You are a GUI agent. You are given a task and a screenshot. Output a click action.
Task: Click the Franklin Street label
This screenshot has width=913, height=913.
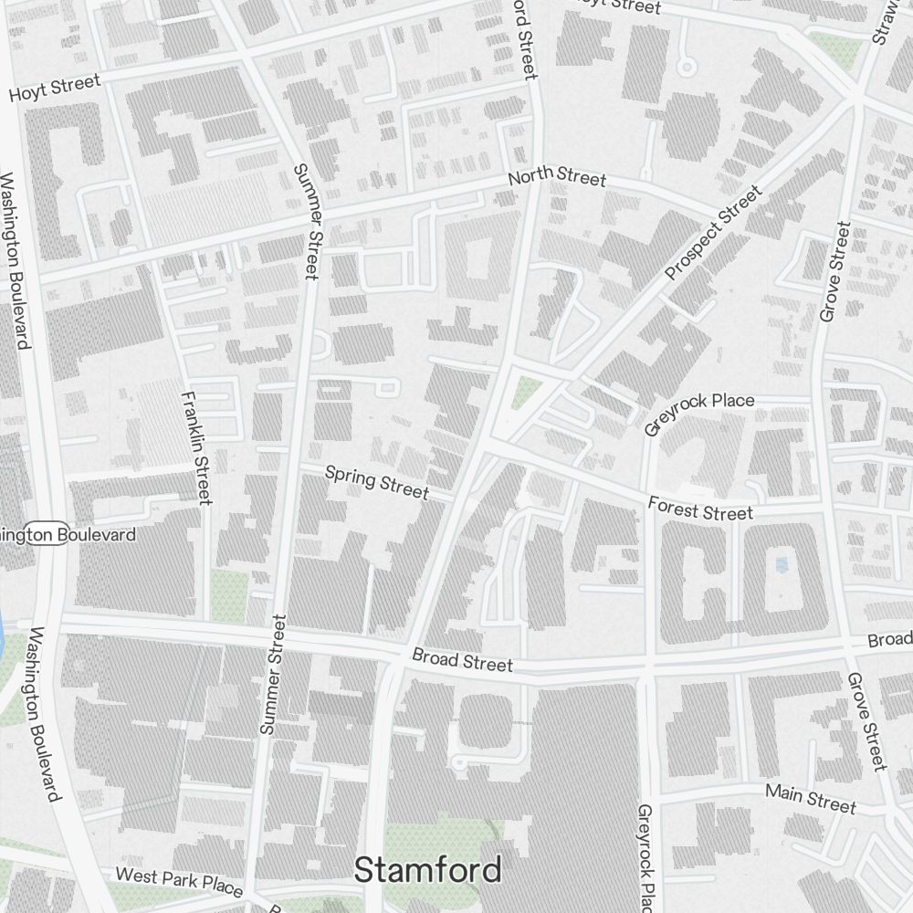[x=197, y=447]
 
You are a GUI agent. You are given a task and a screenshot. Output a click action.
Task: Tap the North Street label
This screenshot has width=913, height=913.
[x=557, y=176]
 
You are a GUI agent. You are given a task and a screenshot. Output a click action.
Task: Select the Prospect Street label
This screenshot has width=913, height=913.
[x=713, y=234]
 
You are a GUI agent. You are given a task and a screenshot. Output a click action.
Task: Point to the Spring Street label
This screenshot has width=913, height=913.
[x=376, y=481]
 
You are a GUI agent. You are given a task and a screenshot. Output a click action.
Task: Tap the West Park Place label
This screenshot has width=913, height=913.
[x=179, y=881]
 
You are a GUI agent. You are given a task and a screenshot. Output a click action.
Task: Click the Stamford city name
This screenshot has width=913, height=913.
[x=427, y=869]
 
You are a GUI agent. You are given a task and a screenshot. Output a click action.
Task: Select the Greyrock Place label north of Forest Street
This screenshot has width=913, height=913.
[x=699, y=414]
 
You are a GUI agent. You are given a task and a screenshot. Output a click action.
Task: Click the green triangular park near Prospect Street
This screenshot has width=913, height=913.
[x=525, y=394]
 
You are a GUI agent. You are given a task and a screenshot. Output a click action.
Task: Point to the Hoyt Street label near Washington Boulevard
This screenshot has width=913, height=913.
[x=55, y=89]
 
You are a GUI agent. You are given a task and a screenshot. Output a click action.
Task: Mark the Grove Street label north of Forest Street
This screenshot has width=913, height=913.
[x=835, y=271]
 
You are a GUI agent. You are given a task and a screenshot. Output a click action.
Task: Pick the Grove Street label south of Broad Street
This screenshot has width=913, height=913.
[x=867, y=721]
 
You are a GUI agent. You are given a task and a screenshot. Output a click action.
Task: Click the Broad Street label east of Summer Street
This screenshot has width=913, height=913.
[x=462, y=660]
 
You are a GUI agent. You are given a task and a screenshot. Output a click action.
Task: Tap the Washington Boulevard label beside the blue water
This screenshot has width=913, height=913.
[x=44, y=714]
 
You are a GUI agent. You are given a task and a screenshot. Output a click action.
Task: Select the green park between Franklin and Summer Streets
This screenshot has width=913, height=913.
[x=229, y=593]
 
